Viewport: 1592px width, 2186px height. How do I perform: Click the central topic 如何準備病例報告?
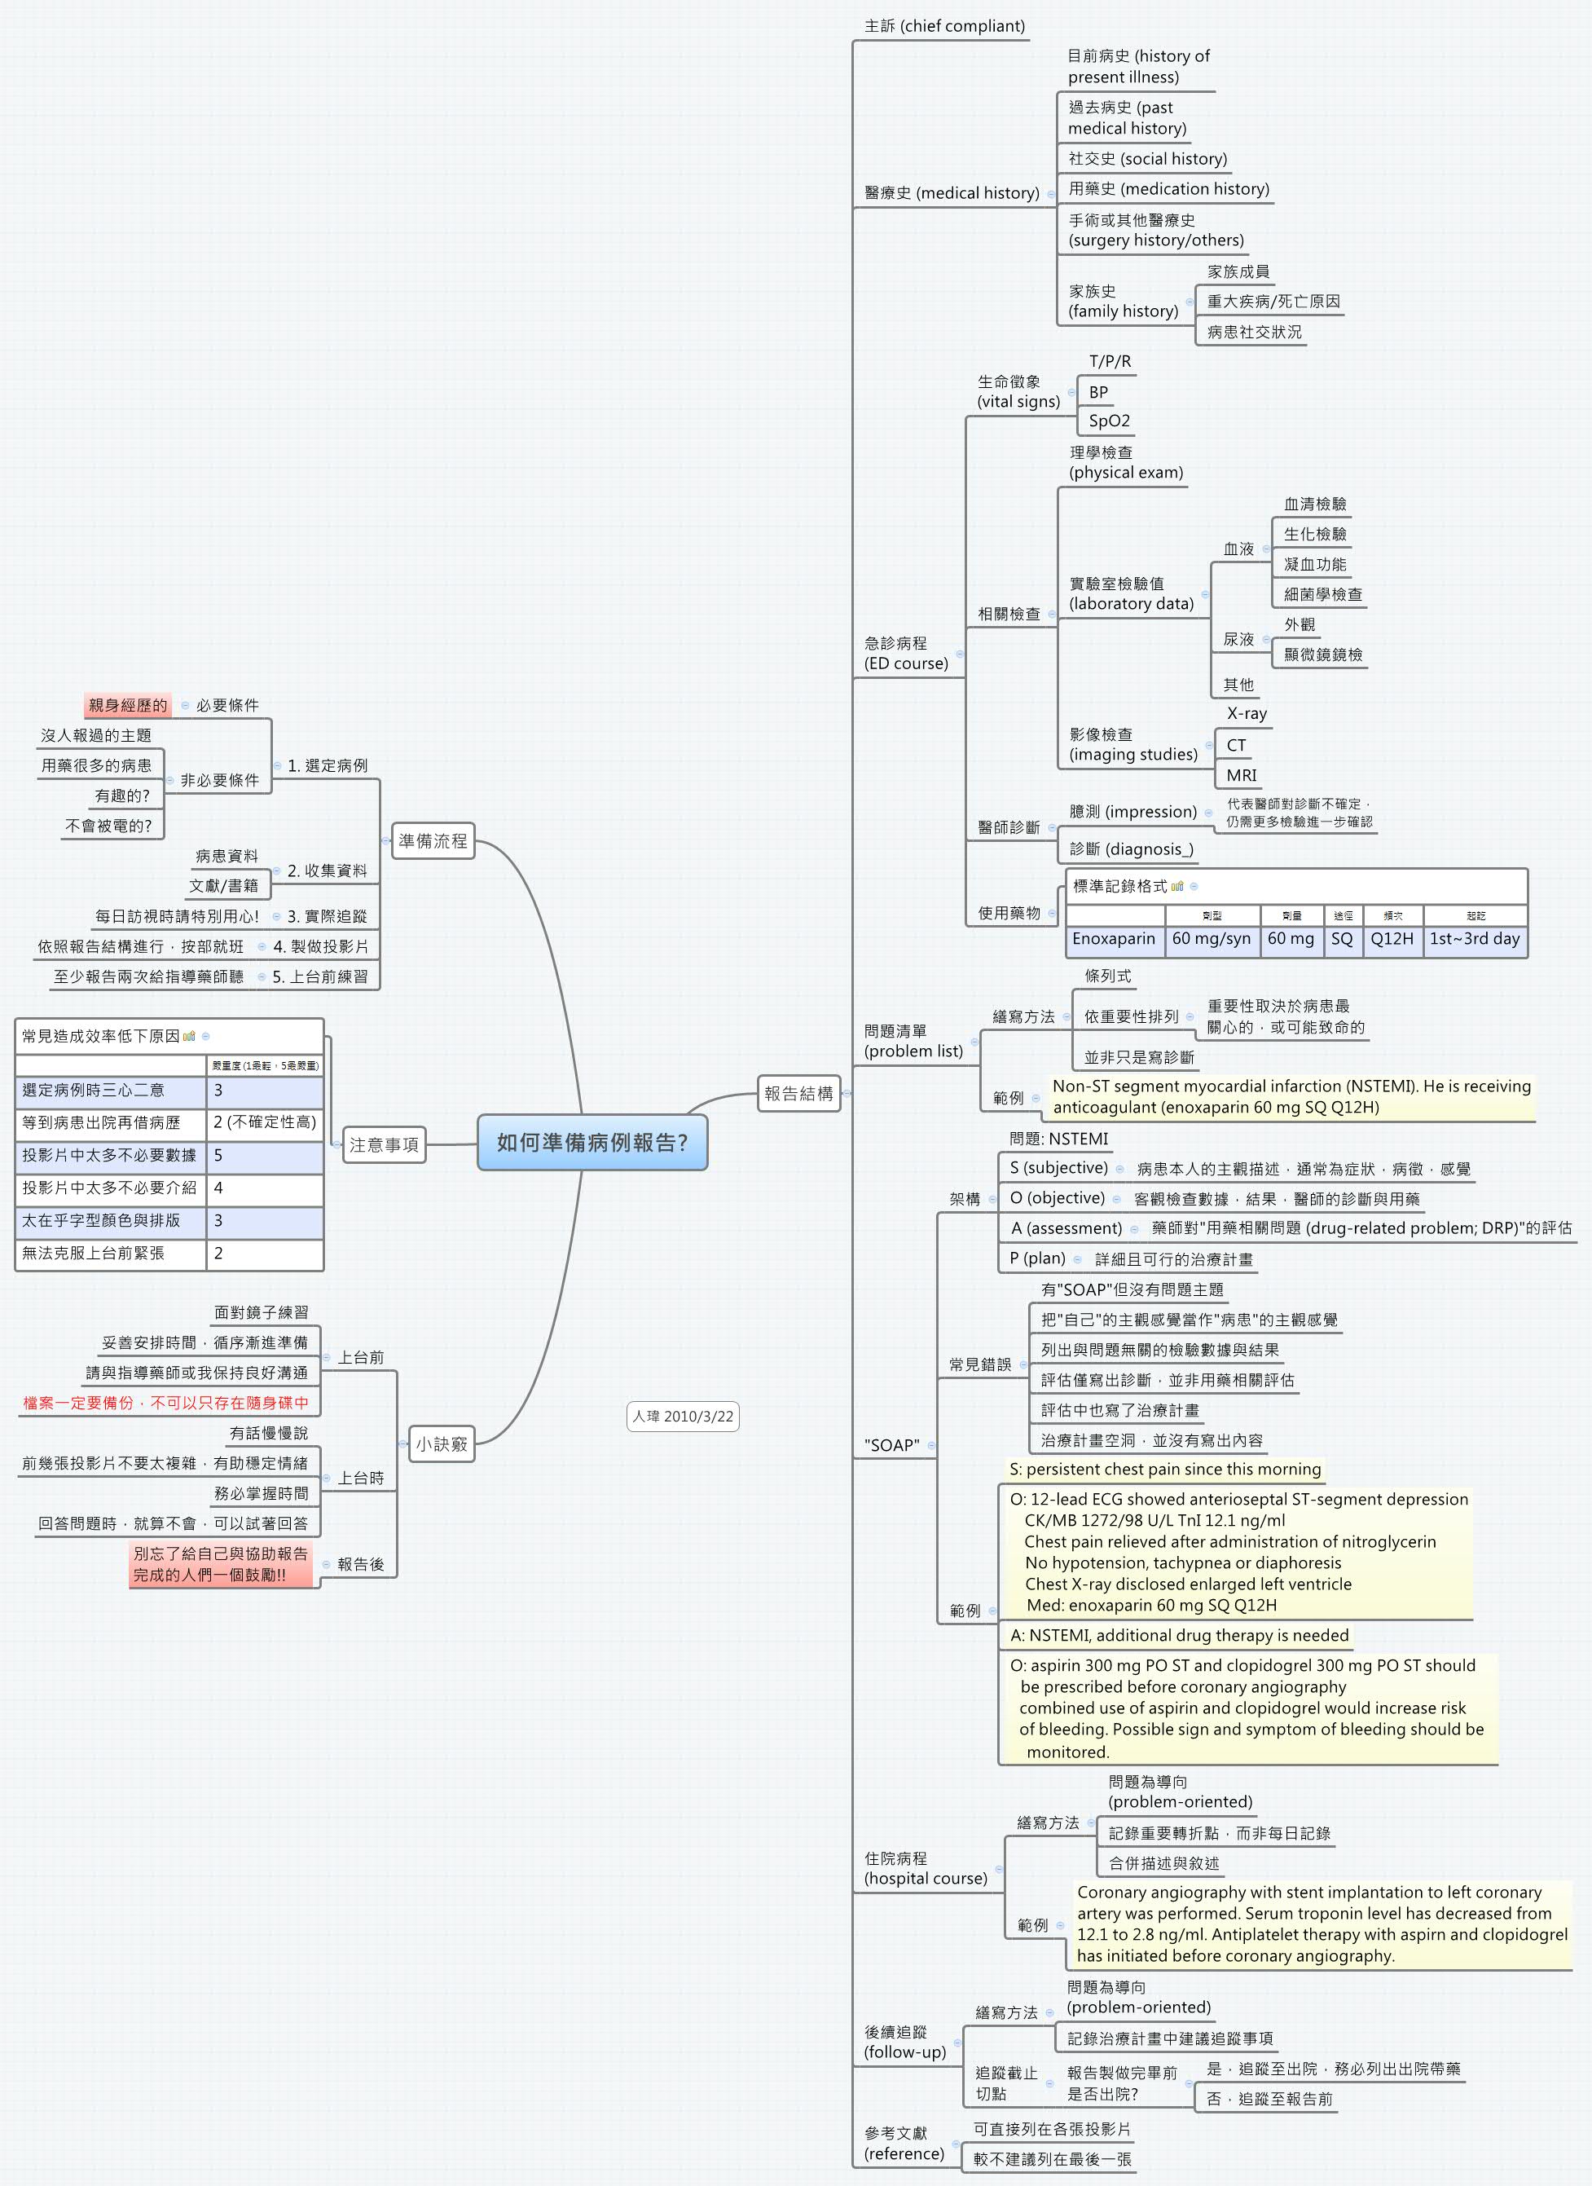pos(592,1142)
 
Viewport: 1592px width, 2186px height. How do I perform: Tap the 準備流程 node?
pos(433,840)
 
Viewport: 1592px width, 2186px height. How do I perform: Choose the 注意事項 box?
pos(384,1144)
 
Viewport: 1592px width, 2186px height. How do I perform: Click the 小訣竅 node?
pos(442,1443)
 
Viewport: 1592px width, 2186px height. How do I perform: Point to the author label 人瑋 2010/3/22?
pos(682,1416)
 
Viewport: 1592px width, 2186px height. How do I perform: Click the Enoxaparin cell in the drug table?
pos(1113,939)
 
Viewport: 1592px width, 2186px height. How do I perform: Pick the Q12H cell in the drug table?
pos(1392,939)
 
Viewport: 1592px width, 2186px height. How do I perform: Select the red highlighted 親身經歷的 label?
pos(127,704)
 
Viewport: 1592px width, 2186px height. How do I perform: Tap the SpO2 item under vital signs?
pos(1109,421)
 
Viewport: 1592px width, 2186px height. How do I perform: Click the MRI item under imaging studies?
pos(1241,775)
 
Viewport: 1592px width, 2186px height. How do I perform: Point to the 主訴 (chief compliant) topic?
pos(944,26)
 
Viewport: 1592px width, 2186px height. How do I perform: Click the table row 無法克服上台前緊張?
pos(94,1253)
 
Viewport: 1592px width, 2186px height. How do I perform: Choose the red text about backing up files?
pos(165,1403)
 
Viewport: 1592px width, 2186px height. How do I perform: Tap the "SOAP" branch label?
pos(891,1445)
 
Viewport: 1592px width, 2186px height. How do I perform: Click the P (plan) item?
pos(1037,1258)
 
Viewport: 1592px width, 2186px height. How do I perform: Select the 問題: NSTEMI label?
pos(1058,1139)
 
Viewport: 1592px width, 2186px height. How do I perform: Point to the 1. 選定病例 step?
pos(327,765)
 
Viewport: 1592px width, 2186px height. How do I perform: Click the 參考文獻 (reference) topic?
pos(904,2143)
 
